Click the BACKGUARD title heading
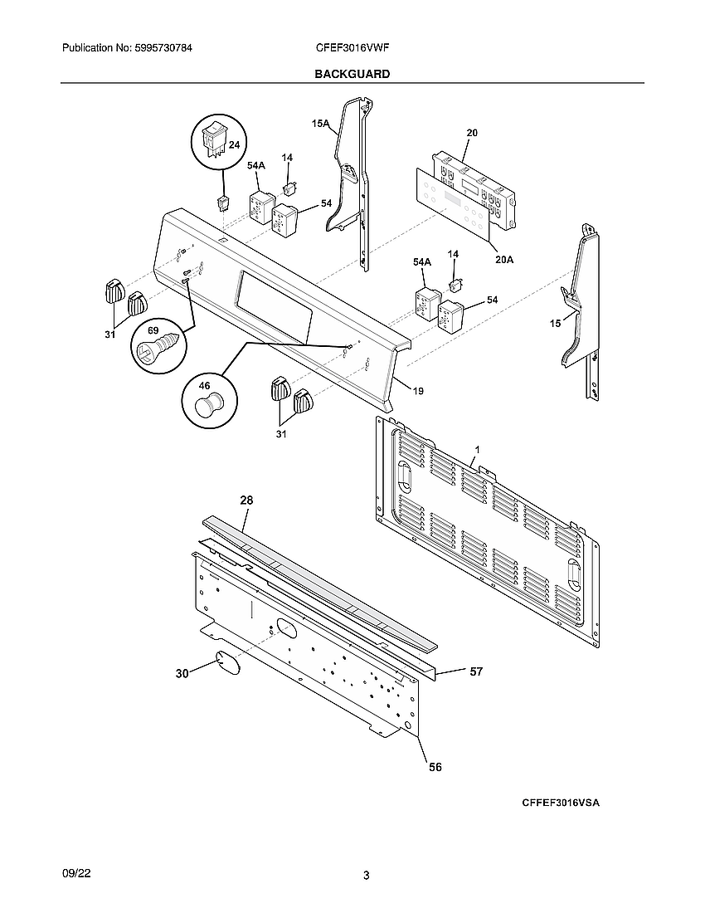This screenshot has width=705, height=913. pos(352,74)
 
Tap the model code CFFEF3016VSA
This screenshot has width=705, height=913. pos(560,803)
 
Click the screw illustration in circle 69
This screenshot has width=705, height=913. pos(158,344)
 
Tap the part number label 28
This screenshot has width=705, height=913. pos(246,500)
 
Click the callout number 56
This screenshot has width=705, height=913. pos(435,768)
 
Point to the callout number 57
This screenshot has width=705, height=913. pos(476,671)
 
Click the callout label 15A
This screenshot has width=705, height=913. pos(320,124)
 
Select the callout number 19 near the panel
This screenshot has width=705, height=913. pos(418,390)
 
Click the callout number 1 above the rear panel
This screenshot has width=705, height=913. pos(476,449)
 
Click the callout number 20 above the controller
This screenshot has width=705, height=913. pos(471,133)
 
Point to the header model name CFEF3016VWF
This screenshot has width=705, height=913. pos(352,49)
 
